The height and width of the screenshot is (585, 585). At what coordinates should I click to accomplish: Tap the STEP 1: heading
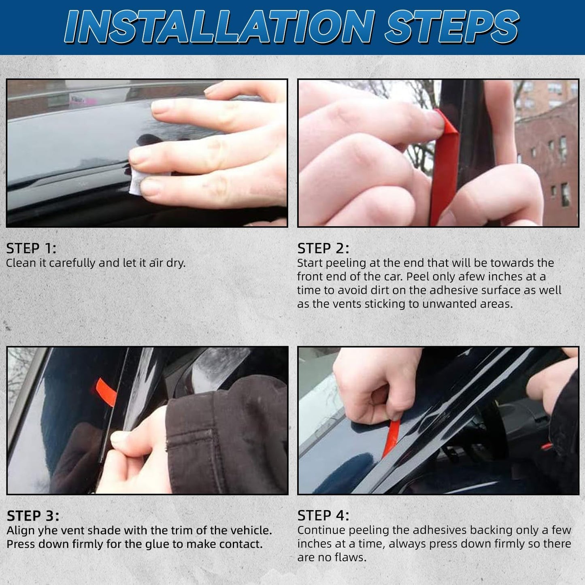31,248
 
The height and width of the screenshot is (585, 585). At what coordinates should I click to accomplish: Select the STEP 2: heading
323,248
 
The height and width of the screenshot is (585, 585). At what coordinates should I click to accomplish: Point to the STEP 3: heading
33,516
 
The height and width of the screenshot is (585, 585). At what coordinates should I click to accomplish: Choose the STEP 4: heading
323,515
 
